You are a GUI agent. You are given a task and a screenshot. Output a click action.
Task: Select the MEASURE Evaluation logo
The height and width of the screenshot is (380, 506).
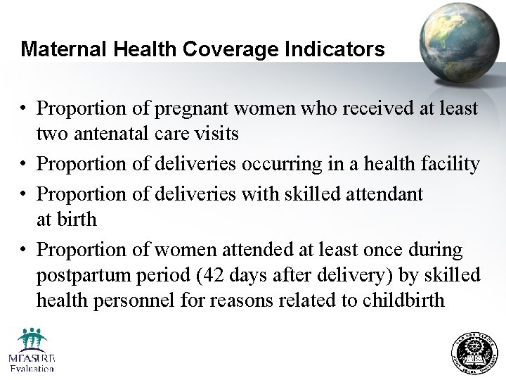coord(32,349)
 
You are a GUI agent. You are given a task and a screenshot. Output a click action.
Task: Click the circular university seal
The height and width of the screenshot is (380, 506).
coord(474,354)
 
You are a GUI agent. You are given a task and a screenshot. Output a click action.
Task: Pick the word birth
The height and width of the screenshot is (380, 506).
coord(77,219)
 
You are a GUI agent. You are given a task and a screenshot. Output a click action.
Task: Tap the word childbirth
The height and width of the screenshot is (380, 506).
coord(403,300)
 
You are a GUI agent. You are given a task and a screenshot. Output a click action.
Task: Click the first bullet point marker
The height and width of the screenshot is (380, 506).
coord(24,109)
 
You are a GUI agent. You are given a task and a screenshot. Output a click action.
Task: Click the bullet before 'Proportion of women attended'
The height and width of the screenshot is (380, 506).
coord(24,250)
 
